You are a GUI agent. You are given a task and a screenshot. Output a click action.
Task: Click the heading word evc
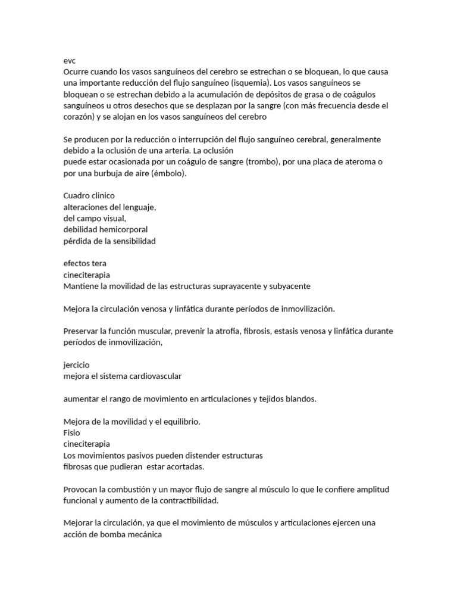(x=70, y=61)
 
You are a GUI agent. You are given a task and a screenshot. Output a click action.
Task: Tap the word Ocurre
(x=77, y=71)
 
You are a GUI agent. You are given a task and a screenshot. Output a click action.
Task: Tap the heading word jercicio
(x=77, y=365)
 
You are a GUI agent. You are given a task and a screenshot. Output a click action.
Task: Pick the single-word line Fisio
(x=71, y=432)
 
